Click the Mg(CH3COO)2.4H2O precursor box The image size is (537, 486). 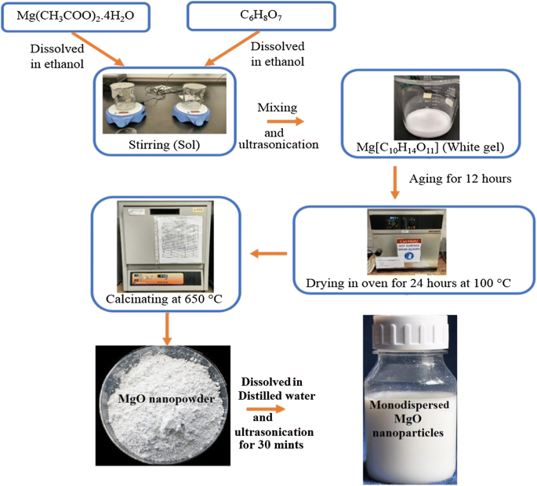(76, 16)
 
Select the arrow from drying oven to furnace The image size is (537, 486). (267, 252)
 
